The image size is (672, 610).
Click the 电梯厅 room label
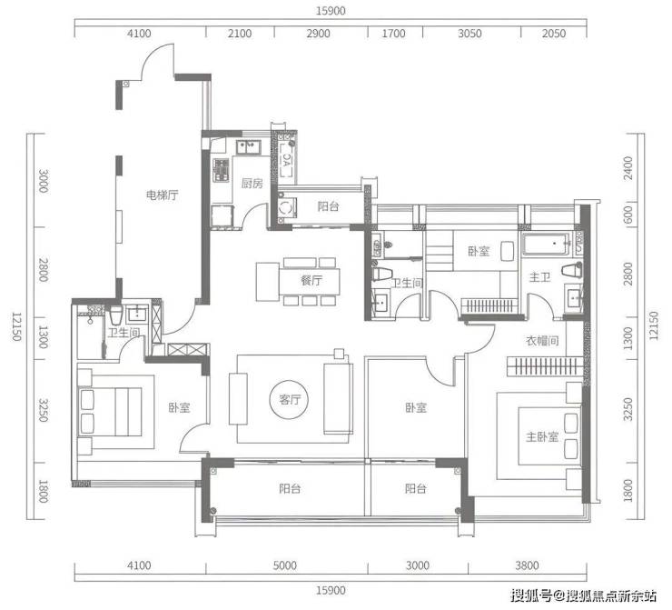[162, 195]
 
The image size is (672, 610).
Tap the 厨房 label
[252, 184]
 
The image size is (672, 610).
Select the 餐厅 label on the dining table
[311, 281]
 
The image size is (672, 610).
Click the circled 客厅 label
[290, 400]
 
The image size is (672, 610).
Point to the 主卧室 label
[542, 437]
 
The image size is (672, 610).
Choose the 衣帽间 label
[542, 341]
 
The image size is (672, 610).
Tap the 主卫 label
[539, 277]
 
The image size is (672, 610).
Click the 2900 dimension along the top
[318, 34]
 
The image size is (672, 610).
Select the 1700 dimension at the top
[393, 34]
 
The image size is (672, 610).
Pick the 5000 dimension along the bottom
[284, 565]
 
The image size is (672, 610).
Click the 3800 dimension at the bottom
[527, 565]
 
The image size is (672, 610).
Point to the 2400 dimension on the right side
[628, 168]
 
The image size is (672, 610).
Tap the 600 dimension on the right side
[628, 215]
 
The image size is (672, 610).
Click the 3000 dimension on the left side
[43, 181]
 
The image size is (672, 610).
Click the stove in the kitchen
[222, 170]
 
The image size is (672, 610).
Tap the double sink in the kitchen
[249, 147]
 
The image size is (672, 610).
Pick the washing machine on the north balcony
[286, 207]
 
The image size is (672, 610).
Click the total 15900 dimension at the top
[331, 11]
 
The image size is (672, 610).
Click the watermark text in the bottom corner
[583, 595]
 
